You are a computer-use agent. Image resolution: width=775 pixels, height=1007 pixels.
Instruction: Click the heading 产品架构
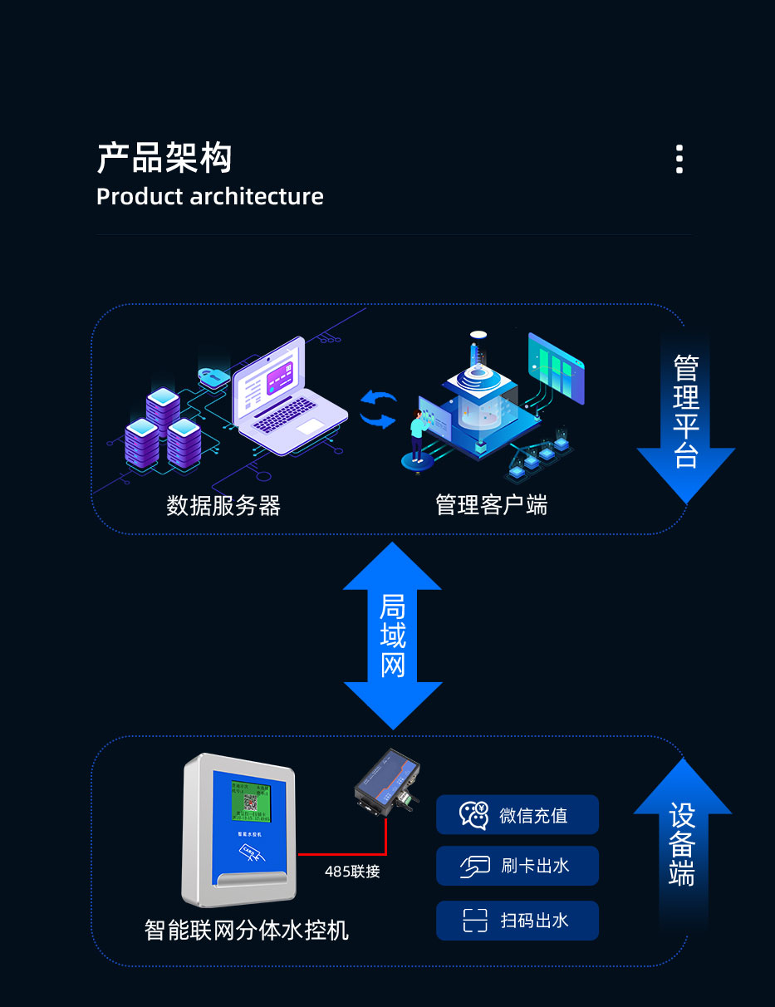pos(164,158)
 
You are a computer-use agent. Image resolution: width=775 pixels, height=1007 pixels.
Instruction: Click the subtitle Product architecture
pos(209,197)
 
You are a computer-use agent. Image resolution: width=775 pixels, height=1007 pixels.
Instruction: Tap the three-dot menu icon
pos(679,159)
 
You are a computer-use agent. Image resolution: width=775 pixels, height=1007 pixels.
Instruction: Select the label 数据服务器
pos(223,505)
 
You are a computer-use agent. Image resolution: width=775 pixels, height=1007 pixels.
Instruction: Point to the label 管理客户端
pos(491,504)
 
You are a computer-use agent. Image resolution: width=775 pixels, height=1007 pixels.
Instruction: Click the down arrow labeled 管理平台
pos(685,415)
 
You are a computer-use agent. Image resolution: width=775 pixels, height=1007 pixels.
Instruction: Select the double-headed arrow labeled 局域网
pos(392,636)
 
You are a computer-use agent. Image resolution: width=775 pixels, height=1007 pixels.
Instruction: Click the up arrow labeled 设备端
pos(682,839)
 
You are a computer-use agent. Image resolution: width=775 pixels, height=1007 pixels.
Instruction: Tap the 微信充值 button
pos(517,815)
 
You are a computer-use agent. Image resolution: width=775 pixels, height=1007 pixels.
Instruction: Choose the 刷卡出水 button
pos(517,866)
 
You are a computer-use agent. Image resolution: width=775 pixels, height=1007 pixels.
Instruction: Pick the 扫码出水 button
pos(517,921)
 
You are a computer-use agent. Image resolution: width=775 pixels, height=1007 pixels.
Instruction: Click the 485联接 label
pos(352,872)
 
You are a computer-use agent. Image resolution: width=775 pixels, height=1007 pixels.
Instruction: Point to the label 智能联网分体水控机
pos(247,930)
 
